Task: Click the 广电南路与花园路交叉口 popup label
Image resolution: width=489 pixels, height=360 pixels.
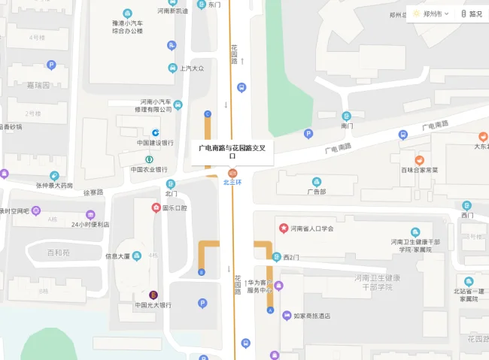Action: [232, 151]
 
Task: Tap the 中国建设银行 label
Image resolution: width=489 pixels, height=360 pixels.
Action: [155, 143]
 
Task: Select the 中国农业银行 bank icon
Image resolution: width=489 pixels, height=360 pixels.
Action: [149, 159]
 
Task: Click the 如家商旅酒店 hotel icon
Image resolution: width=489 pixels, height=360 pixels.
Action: [286, 316]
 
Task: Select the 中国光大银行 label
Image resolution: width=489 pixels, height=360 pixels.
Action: [153, 305]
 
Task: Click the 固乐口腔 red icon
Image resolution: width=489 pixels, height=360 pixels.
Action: [156, 207]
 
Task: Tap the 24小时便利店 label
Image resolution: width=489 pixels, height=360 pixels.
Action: [90, 224]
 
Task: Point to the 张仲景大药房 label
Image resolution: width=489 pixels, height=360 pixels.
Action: [54, 185]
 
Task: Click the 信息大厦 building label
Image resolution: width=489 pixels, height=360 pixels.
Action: [117, 256]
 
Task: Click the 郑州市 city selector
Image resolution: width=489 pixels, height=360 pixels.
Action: [435, 14]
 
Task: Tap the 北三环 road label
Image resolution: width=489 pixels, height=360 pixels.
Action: [232, 182]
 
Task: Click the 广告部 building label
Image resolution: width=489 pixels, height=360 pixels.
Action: [317, 191]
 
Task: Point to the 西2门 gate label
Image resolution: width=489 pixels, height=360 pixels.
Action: [292, 257]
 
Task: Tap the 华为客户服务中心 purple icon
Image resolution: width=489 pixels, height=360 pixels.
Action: [278, 286]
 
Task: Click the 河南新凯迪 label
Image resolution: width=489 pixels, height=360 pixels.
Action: [172, 11]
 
